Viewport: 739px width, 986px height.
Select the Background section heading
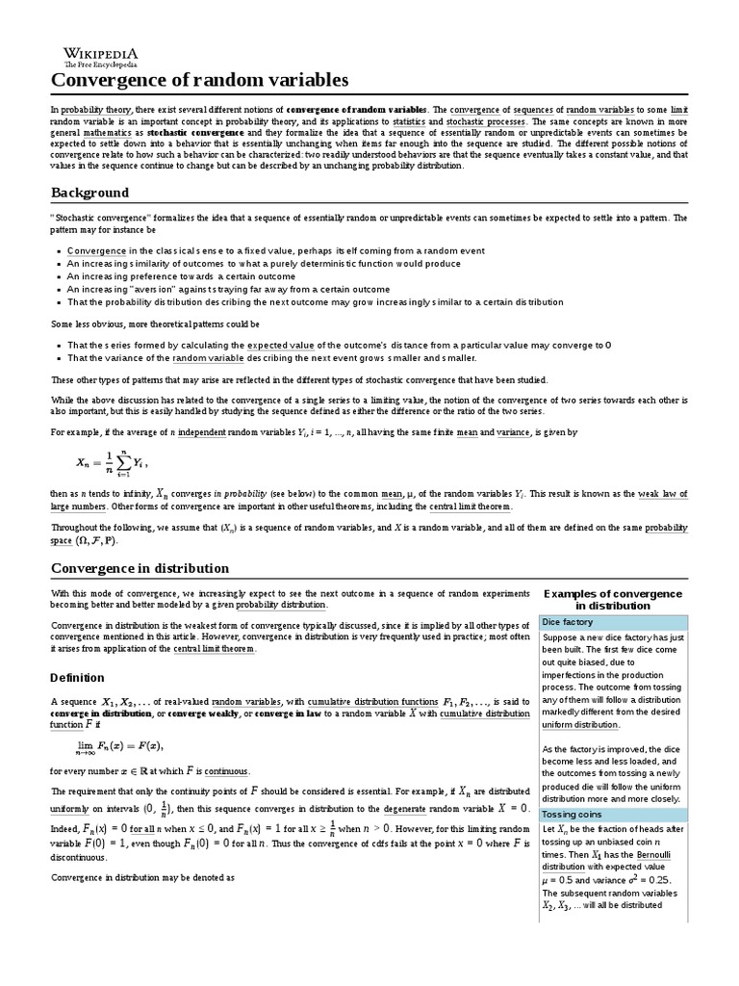[89, 193]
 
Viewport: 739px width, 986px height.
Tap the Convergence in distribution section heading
[140, 568]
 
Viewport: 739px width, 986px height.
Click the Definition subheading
[77, 677]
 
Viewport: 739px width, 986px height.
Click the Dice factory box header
[568, 622]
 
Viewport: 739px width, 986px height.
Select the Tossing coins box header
[572, 814]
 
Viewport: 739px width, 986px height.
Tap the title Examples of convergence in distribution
[613, 599]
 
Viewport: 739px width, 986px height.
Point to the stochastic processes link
[486, 123]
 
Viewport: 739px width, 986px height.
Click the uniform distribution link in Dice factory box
[580, 724]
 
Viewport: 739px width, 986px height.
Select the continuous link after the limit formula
[228, 770]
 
